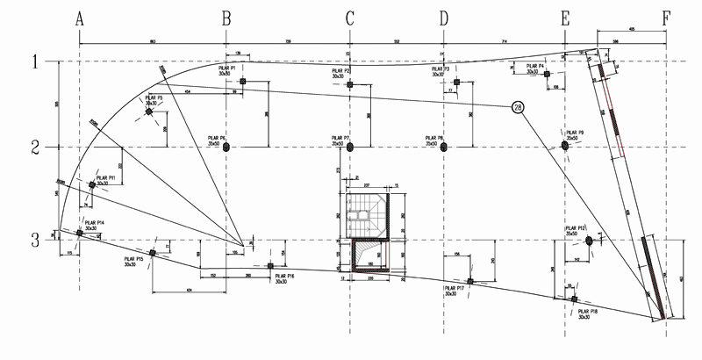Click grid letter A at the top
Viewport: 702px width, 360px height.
[80, 18]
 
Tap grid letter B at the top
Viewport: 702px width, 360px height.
[226, 18]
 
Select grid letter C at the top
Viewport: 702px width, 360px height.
[349, 18]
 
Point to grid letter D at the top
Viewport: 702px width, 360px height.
[443, 18]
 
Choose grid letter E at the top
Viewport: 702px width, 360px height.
[564, 18]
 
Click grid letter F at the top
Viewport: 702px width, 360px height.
[667, 17]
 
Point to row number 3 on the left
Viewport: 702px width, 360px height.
[36, 239]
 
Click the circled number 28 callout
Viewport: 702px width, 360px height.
[517, 107]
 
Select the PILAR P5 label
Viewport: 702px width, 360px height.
[154, 100]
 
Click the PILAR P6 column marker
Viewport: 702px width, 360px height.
[227, 148]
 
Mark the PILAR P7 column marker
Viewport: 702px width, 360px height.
[350, 148]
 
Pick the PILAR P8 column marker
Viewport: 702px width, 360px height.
[444, 148]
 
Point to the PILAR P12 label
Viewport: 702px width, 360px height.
[577, 231]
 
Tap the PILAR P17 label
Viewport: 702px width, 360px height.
[454, 291]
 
